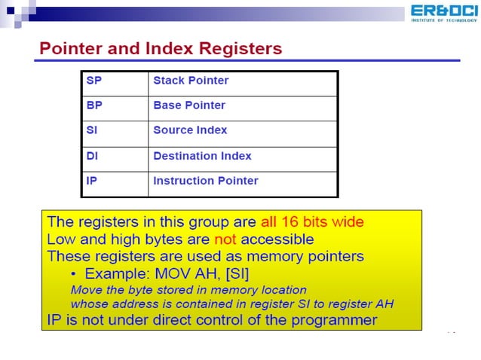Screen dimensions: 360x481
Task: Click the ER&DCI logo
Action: pos(444,13)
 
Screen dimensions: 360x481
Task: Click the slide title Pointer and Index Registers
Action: pos(160,49)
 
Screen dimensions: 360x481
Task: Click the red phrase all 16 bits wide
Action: pos(312,222)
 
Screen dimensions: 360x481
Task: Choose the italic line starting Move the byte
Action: pos(188,289)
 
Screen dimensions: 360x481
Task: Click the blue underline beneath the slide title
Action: pos(249,61)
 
